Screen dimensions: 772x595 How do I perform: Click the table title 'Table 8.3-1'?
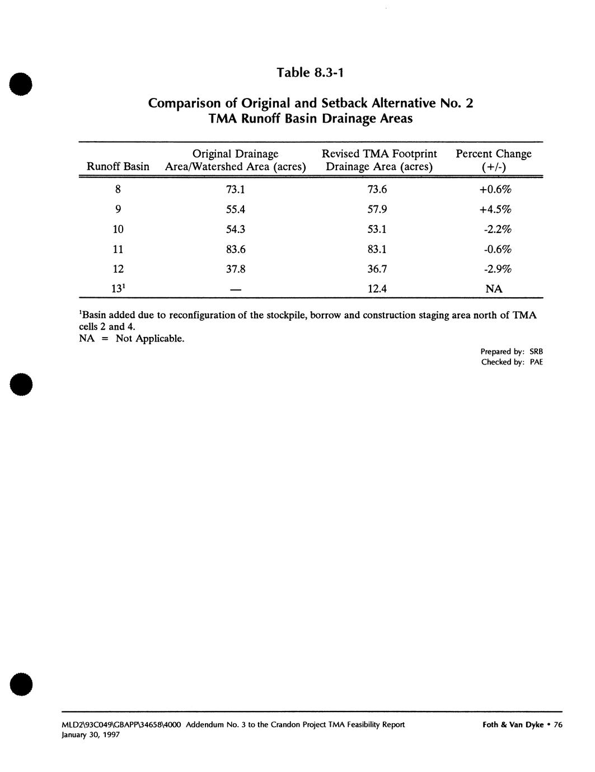pos(309,73)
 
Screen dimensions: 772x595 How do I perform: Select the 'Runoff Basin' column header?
pos(118,167)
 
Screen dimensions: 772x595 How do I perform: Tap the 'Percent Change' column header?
pos(493,154)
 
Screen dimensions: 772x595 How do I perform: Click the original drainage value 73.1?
pos(235,190)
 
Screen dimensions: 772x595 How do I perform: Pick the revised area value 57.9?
pos(377,210)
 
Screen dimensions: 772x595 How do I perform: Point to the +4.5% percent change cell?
pos(495,210)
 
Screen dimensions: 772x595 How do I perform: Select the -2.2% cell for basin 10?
pos(496,230)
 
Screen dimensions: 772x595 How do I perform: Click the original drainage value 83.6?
pos(235,250)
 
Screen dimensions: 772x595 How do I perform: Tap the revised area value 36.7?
pos(377,269)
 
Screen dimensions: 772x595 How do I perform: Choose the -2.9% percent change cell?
pos(496,269)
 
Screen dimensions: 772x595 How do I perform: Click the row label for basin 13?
pos(118,289)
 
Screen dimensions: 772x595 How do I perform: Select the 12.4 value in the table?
pos(377,289)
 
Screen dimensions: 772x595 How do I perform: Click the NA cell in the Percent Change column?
pos(494,289)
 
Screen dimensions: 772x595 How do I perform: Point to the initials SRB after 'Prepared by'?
pos(536,352)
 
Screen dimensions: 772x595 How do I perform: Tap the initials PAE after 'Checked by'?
pos(536,362)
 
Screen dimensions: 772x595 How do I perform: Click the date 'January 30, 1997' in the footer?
pos(91,735)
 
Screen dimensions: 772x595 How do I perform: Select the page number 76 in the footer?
pos(557,724)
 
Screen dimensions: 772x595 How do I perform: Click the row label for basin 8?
pos(118,190)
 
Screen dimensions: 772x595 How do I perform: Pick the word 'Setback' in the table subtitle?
pos(346,104)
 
